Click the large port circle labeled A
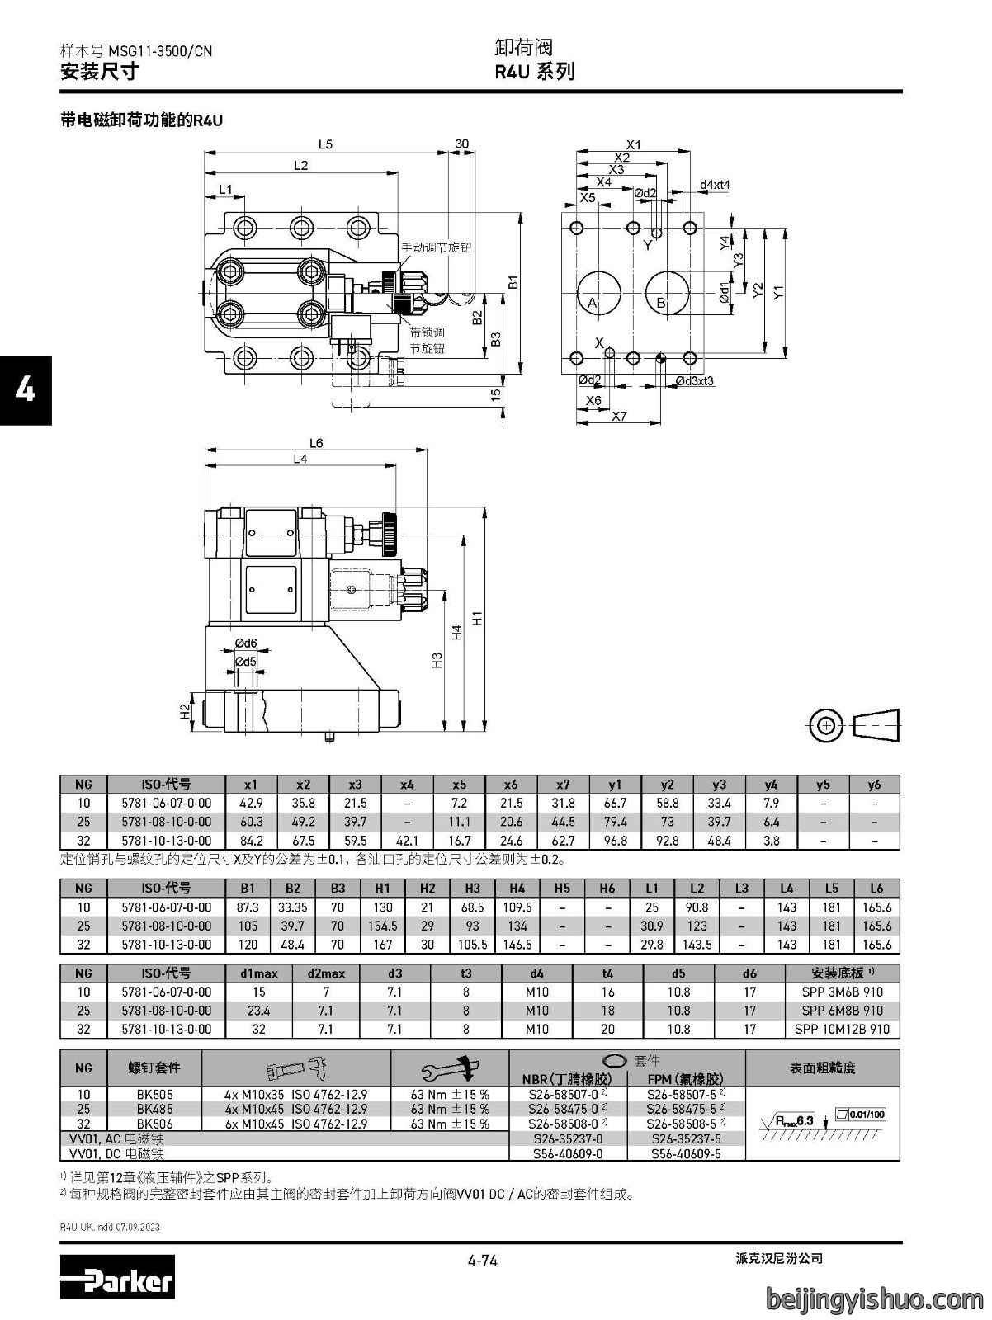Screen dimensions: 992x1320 tap(598, 294)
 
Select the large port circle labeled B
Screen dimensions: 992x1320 tap(668, 294)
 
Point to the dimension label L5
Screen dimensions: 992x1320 tap(325, 144)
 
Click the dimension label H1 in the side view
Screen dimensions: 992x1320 tap(478, 618)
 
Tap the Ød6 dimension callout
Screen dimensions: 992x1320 tap(245, 643)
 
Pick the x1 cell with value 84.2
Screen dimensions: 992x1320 tap(251, 841)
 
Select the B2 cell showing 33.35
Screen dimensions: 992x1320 tap(292, 907)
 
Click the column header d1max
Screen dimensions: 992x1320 tap(258, 973)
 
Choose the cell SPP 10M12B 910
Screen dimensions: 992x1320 tap(842, 1029)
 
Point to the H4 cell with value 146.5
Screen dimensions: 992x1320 tap(517, 945)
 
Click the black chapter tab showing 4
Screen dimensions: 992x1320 tap(26, 391)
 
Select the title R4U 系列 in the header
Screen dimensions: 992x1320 tap(534, 72)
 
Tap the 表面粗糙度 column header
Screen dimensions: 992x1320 tap(822, 1068)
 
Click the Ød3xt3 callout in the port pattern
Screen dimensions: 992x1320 tap(694, 380)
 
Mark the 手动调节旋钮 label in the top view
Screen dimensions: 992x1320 tap(437, 247)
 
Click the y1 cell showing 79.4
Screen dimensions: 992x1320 tap(616, 822)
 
